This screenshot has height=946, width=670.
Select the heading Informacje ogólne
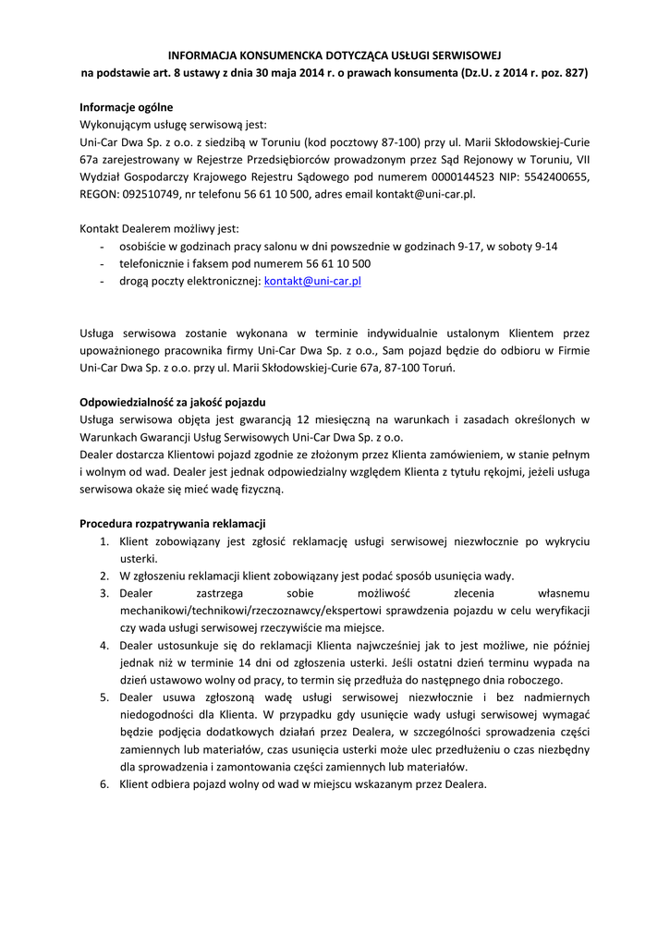click(126, 107)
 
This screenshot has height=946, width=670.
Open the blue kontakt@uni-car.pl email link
click(312, 281)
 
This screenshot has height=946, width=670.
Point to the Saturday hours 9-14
click(544, 247)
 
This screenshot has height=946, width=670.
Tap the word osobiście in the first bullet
click(142, 247)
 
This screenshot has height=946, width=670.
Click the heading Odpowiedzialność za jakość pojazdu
click(173, 402)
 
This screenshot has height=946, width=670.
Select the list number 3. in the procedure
click(105, 593)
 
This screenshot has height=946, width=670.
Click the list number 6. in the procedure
click(105, 784)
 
